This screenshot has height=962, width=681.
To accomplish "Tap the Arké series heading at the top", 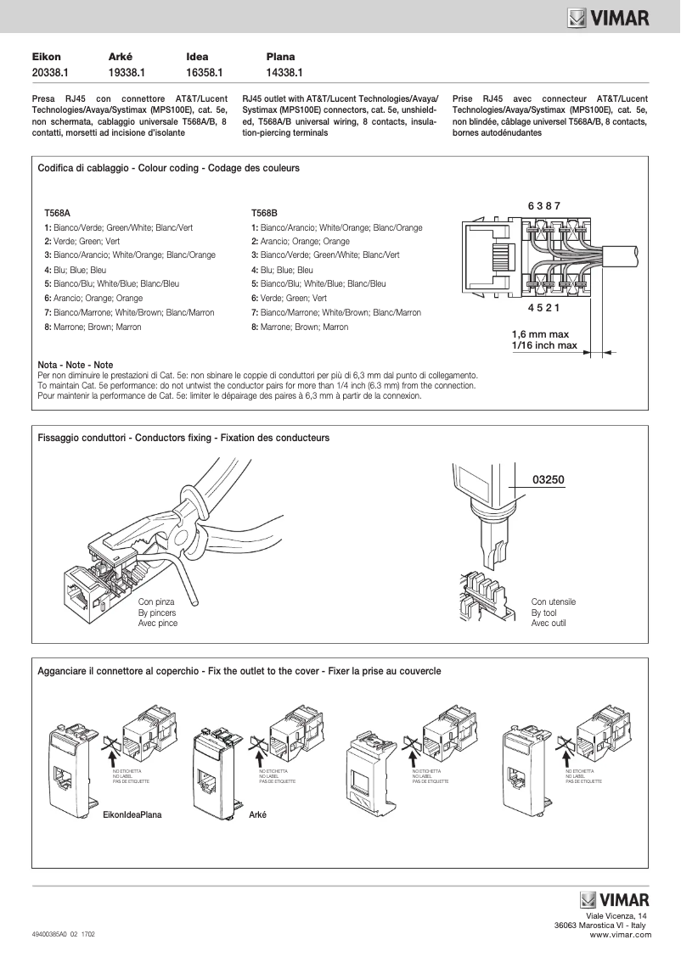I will pos(121,57).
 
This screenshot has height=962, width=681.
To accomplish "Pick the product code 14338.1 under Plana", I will pos(284,73).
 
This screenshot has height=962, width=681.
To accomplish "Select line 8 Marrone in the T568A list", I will pos(93,327).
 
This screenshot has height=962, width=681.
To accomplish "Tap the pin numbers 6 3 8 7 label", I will pos(544,206).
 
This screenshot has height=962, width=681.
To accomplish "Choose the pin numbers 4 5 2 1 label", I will pos(543,307).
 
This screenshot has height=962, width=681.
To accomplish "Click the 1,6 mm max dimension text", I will pos(540,334).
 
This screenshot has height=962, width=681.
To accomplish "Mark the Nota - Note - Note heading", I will pos(76,364).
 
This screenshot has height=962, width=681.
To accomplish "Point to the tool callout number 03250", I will pos(549,479).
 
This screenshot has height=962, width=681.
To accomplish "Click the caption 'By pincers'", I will pos(157,612).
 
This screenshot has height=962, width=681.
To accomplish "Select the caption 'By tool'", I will pos(544,612).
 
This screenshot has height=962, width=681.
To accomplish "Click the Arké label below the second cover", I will pos(258,814).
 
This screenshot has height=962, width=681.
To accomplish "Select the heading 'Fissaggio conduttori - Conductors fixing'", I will pos(183,438).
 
